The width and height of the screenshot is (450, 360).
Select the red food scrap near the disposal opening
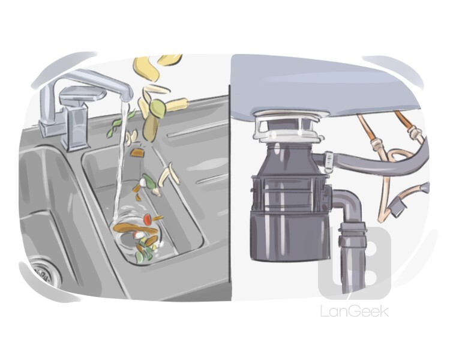[147, 220]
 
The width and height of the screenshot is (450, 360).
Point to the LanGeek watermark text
[355, 311]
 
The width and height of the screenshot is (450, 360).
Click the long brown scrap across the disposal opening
[135, 228]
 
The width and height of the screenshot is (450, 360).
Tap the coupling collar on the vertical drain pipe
[352, 235]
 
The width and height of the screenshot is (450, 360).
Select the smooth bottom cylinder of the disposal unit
[288, 236]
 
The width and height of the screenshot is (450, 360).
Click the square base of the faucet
[74, 128]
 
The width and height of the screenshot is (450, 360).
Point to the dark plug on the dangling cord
[397, 208]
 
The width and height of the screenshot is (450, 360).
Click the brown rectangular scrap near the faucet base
[137, 153]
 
